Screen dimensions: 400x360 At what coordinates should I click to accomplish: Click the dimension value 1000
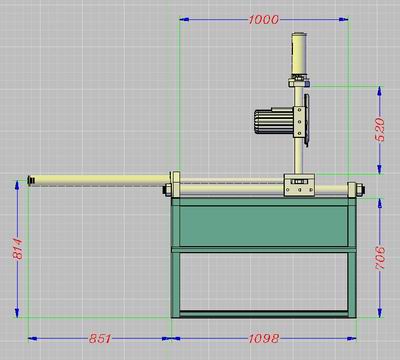pos(263,20)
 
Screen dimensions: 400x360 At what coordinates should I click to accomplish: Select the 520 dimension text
pos(380,130)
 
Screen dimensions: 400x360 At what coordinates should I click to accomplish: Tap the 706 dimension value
pos(380,258)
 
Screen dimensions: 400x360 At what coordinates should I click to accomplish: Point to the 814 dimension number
pos(18,249)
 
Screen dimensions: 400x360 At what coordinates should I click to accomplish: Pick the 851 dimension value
pos(100,339)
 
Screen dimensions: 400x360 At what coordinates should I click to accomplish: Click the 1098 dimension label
pos(264,339)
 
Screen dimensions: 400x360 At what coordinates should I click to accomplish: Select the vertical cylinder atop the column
pos(299,55)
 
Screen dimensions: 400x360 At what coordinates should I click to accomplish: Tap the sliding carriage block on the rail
pos(299,185)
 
